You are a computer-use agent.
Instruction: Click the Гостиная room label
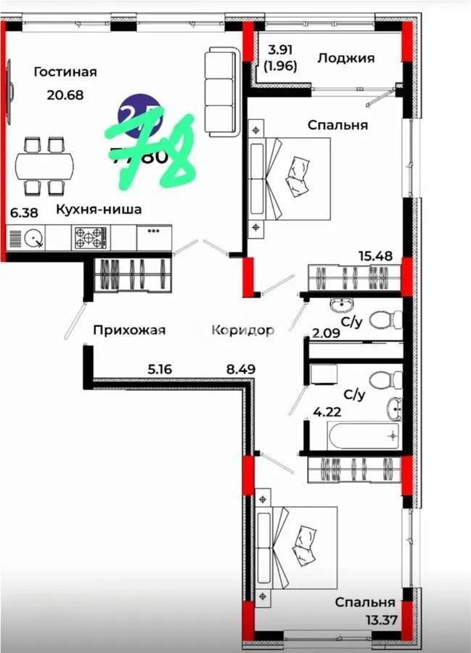[65, 72]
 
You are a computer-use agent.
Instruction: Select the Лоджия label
[345, 58]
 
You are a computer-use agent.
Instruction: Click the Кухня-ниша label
[99, 210]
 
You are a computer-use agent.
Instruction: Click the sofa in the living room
[221, 91]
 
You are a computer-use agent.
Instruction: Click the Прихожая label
[129, 330]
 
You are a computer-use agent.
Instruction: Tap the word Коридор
[242, 330]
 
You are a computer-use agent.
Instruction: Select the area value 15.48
[374, 255]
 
